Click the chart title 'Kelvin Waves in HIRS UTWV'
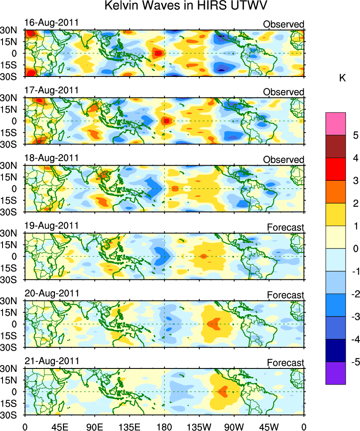click(x=186, y=6)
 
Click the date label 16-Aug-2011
click(x=51, y=22)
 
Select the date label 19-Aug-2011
click(x=51, y=225)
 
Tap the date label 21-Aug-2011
click(x=51, y=361)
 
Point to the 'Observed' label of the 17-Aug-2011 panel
click(x=283, y=92)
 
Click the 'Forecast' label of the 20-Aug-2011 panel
click(x=285, y=295)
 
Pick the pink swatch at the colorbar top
click(x=335, y=124)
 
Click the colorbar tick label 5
click(x=355, y=136)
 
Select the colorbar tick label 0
click(x=355, y=249)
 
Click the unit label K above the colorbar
click(x=343, y=77)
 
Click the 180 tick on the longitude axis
click(x=164, y=423)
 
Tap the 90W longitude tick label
click(x=234, y=423)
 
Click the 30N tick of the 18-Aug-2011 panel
click(x=8, y=165)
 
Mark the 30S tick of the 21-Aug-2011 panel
click(x=8, y=415)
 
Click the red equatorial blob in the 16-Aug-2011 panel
click(x=158, y=53)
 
